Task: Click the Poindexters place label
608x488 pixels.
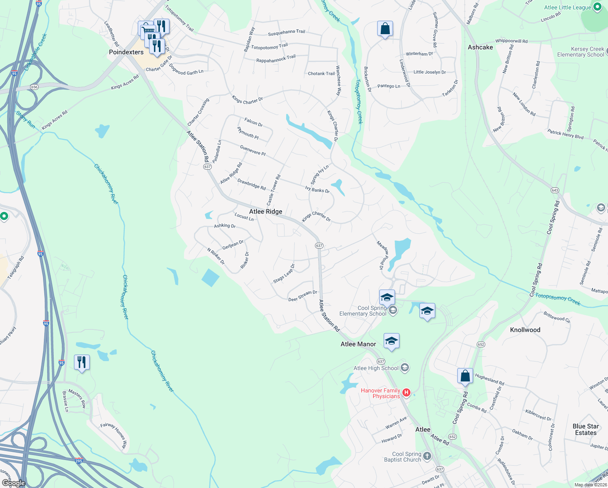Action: [x=126, y=52]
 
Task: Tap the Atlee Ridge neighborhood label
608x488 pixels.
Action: [x=265, y=211]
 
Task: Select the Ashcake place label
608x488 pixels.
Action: [x=480, y=47]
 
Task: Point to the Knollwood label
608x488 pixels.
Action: [x=525, y=330]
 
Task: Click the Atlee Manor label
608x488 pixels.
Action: [x=358, y=344]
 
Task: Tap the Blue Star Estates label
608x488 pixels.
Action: [x=586, y=429]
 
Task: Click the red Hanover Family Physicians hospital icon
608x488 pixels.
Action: [x=406, y=393]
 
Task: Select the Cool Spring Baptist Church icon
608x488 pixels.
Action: [x=427, y=456]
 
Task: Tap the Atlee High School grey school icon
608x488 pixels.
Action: [x=404, y=368]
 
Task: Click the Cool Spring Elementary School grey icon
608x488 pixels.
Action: [x=393, y=311]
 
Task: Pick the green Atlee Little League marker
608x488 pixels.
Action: [x=597, y=7]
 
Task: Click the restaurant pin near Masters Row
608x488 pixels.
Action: [x=82, y=362]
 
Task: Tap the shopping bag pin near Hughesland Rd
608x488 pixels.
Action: [x=465, y=376]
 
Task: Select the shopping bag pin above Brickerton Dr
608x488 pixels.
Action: [x=385, y=29]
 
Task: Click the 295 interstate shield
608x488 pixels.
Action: [x=79, y=461]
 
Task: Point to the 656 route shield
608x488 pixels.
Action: [x=34, y=87]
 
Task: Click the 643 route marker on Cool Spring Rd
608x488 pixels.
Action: [x=555, y=190]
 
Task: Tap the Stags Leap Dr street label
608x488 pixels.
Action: [x=284, y=274]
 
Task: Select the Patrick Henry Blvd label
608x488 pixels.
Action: [x=565, y=134]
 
